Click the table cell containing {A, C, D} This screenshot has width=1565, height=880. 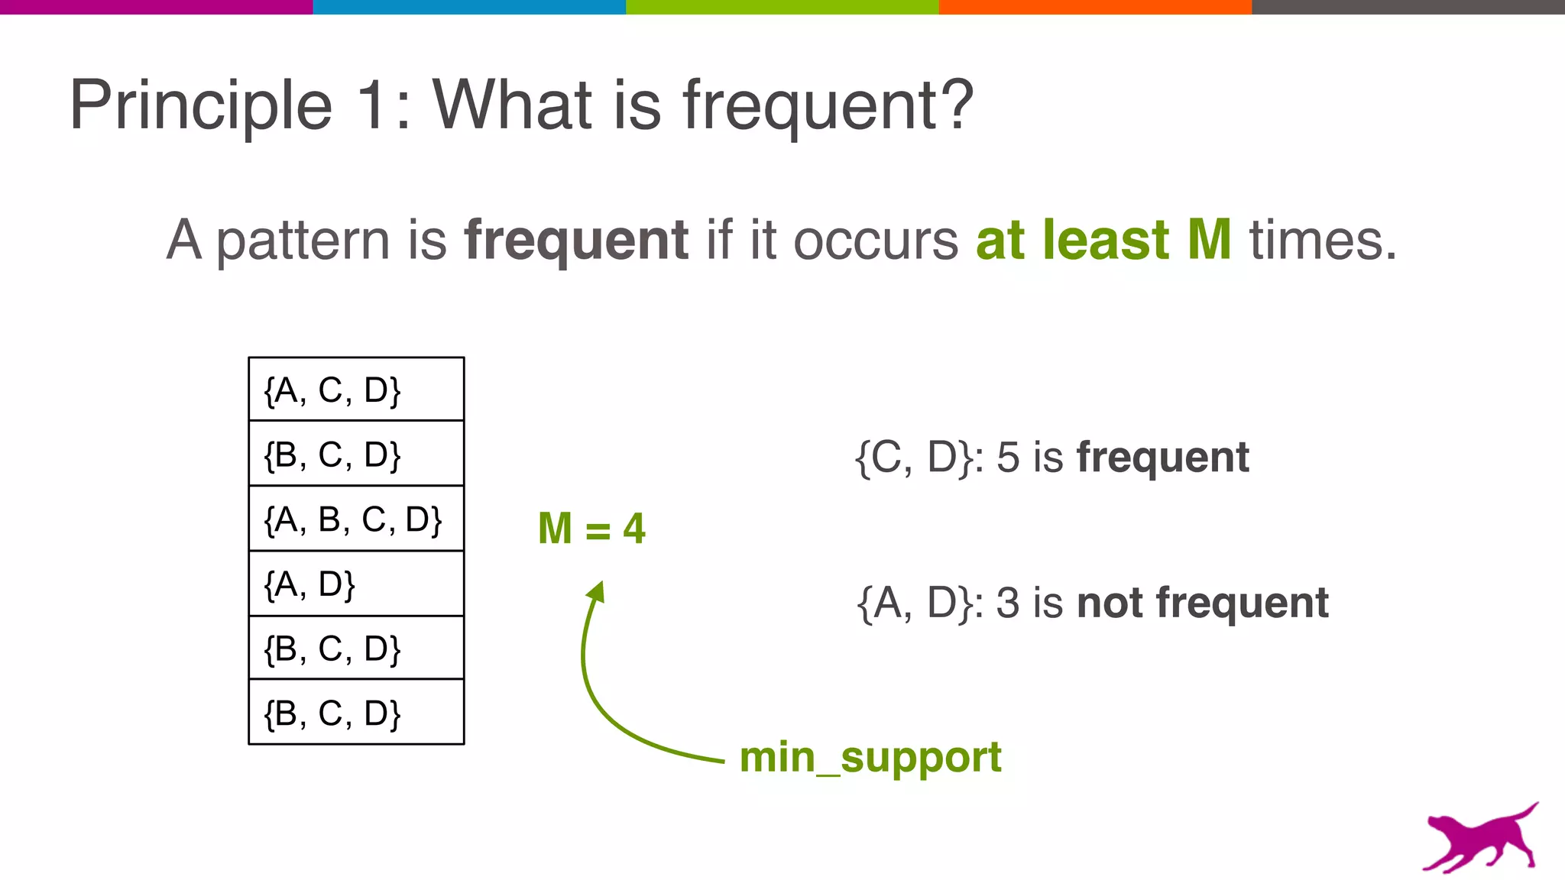click(356, 390)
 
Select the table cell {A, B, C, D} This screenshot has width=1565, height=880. click(356, 519)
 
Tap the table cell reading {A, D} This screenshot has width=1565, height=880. click(356, 584)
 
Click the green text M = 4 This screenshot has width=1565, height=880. click(591, 529)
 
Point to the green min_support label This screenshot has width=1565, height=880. click(870, 758)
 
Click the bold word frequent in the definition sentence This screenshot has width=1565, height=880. click(576, 241)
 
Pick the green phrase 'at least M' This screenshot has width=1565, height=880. click(1103, 241)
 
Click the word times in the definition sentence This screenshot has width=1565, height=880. click(1322, 241)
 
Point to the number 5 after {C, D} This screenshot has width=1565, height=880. click(1008, 458)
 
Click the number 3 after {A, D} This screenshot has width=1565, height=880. click(1008, 603)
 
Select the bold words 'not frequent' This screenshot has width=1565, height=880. click(1203, 603)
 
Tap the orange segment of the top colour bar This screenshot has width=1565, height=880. click(1095, 7)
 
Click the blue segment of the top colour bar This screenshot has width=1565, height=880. click(469, 7)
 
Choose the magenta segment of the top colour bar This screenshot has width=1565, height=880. click(156, 7)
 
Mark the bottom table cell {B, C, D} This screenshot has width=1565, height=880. click(356, 713)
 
